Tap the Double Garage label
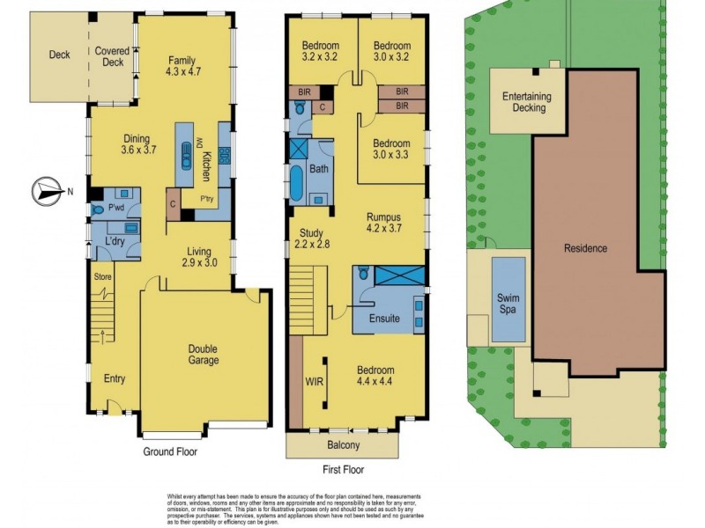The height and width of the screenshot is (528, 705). tap(204, 354)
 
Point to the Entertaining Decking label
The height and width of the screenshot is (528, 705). tap(523, 102)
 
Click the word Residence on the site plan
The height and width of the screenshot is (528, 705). tap(585, 248)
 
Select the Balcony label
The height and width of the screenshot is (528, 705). tap(343, 445)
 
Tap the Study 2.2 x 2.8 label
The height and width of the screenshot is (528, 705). tap(310, 238)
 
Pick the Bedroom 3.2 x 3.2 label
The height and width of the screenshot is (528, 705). tap(320, 52)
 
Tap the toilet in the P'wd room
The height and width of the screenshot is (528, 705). tap(97, 209)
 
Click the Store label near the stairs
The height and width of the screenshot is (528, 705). tap(103, 275)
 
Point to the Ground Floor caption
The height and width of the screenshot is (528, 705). tap(170, 451)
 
